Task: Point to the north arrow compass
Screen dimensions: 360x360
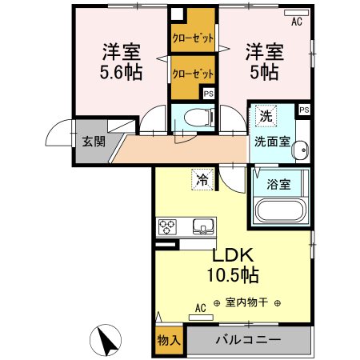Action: tap(108, 342)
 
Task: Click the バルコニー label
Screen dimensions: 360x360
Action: tap(248, 341)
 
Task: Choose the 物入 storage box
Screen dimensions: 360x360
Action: tap(169, 341)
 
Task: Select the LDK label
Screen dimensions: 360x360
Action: tap(232, 256)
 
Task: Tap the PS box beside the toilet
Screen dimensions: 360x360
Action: tap(208, 94)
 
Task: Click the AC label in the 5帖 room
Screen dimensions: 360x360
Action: tap(297, 22)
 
